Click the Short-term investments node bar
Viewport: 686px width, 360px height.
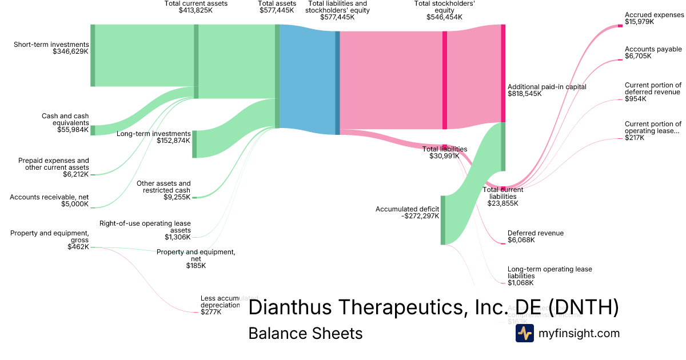(93, 55)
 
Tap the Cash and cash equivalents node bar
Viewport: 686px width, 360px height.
(93, 130)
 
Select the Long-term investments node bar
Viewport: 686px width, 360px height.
(194, 144)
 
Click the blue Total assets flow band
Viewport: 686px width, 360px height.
(308, 80)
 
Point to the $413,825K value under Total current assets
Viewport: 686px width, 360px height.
(196, 10)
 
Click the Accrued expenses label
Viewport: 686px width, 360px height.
(654, 15)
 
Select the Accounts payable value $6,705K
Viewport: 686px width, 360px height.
(636, 57)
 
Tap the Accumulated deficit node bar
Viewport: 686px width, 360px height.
(443, 220)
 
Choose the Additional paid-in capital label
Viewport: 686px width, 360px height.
(547, 87)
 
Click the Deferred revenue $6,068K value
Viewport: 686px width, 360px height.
(521, 240)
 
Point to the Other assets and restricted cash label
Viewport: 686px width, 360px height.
(163, 187)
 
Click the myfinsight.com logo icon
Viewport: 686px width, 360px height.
(524, 333)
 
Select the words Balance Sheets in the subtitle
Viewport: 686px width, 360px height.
(305, 333)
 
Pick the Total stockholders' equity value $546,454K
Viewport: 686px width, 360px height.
(444, 17)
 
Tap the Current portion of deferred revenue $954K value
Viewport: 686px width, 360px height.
(635, 99)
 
